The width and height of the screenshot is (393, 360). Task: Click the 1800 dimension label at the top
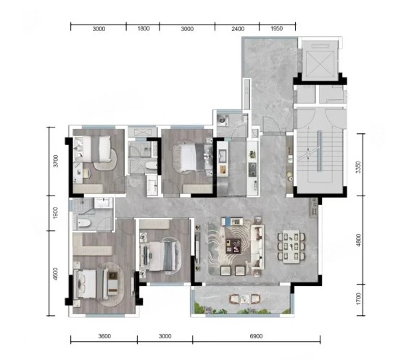point(144,28)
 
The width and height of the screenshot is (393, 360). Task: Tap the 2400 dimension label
point(238,29)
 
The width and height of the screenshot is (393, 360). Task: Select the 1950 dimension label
point(276,28)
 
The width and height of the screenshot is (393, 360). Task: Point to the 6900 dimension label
point(256,336)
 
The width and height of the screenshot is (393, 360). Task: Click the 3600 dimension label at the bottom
point(104,336)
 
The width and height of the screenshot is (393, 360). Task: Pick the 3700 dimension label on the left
point(56,161)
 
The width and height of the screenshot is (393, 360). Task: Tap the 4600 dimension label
point(56,274)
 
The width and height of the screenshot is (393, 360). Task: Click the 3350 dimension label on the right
point(358,167)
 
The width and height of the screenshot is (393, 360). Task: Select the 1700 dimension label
point(358,299)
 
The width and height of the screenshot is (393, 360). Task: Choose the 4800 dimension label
point(358,240)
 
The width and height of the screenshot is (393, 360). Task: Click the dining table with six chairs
point(291,247)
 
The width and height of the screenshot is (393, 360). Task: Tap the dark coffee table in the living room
point(233,246)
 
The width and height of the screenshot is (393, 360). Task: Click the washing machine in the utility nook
point(223,120)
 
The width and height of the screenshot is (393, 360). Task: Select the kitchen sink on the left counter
point(223,156)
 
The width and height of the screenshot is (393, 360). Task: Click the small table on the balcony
point(244,298)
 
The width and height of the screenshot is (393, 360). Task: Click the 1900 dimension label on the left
point(56,212)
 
